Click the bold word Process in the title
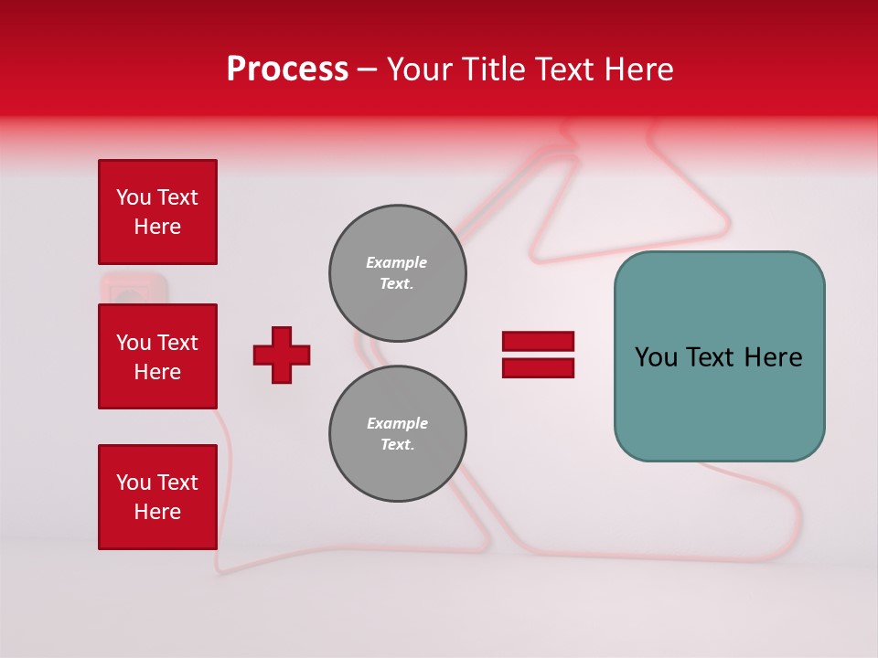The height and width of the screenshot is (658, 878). pyautogui.click(x=287, y=69)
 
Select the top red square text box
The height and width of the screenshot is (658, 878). pyautogui.click(x=157, y=212)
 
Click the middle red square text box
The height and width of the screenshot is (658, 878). pyautogui.click(x=157, y=356)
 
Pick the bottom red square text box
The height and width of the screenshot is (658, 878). pyautogui.click(x=157, y=497)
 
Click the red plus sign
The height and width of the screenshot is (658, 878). pyautogui.click(x=282, y=355)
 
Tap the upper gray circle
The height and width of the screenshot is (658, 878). pyautogui.click(x=397, y=273)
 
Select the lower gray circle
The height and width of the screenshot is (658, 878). pyautogui.click(x=397, y=434)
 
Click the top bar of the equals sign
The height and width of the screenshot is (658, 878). pyautogui.click(x=538, y=342)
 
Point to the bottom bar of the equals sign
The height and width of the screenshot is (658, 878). pyautogui.click(x=538, y=368)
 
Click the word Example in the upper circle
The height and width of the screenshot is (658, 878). pyautogui.click(x=396, y=262)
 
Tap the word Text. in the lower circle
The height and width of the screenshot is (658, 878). pyautogui.click(x=397, y=445)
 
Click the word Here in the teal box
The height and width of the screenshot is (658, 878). pyautogui.click(x=773, y=357)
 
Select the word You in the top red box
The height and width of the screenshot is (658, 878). pyautogui.click(x=134, y=197)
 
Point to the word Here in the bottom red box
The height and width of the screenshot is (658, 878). pyautogui.click(x=157, y=512)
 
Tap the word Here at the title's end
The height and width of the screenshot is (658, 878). pyautogui.click(x=639, y=69)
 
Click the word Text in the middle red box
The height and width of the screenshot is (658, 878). pyautogui.click(x=177, y=343)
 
